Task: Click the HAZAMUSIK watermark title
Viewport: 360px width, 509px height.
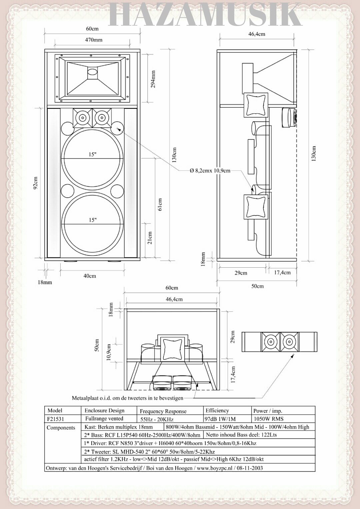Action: pos(205,15)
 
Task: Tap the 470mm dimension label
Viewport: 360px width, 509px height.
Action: pos(94,40)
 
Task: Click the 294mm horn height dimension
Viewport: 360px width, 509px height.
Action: pos(153,79)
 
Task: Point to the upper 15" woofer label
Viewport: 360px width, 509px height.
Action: pos(92,154)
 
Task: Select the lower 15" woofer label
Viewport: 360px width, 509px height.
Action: pos(92,220)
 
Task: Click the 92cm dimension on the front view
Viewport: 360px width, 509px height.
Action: pos(36,183)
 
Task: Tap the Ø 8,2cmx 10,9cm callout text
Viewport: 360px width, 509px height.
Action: pos(210,171)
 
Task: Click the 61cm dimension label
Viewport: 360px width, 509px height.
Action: pos(160,205)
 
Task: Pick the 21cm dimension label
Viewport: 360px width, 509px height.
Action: pos(150,238)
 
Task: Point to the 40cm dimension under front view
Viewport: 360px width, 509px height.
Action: pos(90,276)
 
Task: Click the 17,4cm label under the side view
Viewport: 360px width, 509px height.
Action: pos(282,273)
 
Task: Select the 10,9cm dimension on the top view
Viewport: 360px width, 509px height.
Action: pos(109,352)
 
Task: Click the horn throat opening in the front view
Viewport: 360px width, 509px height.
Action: pos(92,72)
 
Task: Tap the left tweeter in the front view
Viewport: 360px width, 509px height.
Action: pos(82,118)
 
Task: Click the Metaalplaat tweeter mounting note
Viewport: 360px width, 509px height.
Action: pos(128,398)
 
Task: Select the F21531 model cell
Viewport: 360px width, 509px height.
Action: pos(55,419)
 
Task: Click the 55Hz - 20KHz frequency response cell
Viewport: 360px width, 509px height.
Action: pos(157,419)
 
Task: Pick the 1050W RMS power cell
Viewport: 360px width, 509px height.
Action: pos(268,419)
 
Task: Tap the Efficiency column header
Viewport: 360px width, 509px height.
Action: pos(217,411)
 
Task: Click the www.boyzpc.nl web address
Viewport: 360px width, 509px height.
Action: pos(214,468)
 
